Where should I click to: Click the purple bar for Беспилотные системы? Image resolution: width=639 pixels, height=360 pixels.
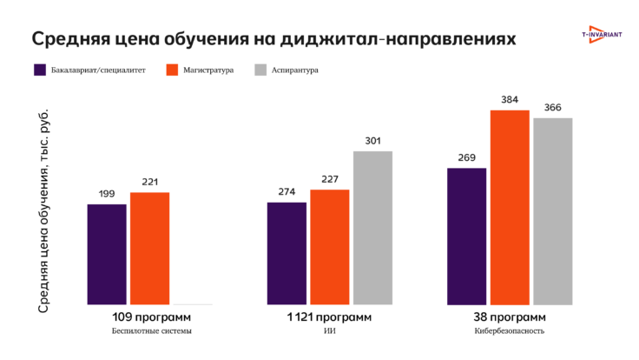point(107,254)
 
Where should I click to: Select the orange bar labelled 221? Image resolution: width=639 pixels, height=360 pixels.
point(149,248)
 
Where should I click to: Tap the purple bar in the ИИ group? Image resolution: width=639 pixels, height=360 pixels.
point(287,253)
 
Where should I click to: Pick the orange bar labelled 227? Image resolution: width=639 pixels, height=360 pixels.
point(329,247)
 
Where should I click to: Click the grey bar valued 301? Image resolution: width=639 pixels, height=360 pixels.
point(372,228)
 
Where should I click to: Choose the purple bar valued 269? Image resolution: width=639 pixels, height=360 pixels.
point(466,236)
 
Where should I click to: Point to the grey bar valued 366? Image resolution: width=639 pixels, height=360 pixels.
point(553,211)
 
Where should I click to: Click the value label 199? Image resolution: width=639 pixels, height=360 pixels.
point(107,194)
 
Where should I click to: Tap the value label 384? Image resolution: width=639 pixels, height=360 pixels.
point(510,100)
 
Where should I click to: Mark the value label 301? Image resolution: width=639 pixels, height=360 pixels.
point(372,141)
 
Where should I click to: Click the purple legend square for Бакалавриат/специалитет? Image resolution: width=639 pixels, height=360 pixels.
point(40,70)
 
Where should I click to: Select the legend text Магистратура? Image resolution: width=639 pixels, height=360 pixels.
point(208,70)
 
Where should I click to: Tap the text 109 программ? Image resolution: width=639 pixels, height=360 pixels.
point(150,317)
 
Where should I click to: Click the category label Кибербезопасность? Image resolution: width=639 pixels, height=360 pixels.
point(510,331)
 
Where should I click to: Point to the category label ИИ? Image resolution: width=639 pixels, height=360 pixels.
point(329,331)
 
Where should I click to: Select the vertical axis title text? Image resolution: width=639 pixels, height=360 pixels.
point(45,210)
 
